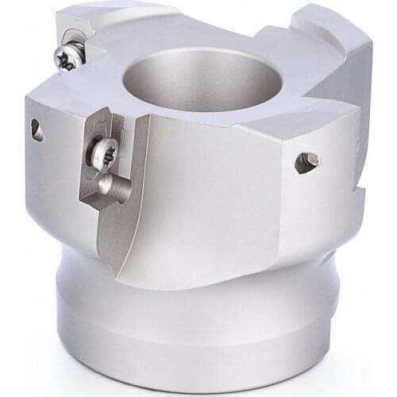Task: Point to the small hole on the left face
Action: click(37, 129)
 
